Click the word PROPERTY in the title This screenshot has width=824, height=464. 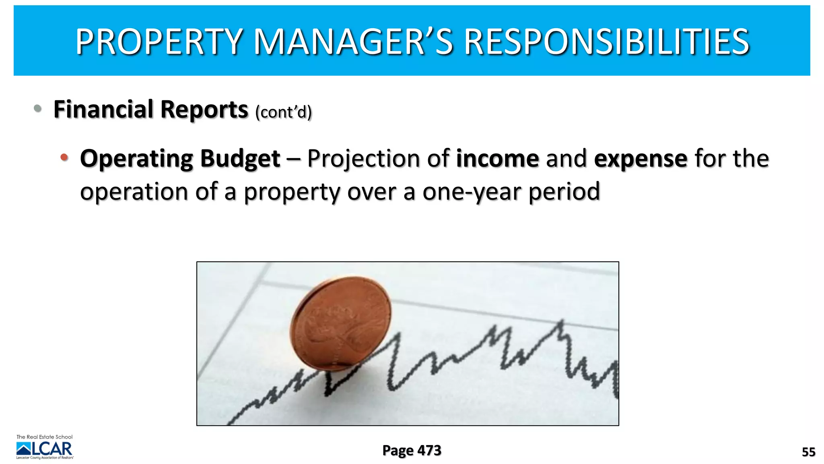[159, 41]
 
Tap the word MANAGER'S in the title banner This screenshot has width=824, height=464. [353, 41]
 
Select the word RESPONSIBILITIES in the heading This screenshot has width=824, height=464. [607, 41]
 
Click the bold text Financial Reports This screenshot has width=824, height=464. [151, 110]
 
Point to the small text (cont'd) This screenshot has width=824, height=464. [284, 112]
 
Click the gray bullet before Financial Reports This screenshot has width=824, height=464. [38, 108]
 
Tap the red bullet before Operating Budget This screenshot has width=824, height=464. [64, 157]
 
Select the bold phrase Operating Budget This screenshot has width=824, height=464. [180, 158]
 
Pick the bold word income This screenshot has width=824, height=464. [497, 158]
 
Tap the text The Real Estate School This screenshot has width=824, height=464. [44, 437]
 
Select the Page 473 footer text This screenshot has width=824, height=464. [412, 450]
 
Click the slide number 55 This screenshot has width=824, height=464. [808, 452]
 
